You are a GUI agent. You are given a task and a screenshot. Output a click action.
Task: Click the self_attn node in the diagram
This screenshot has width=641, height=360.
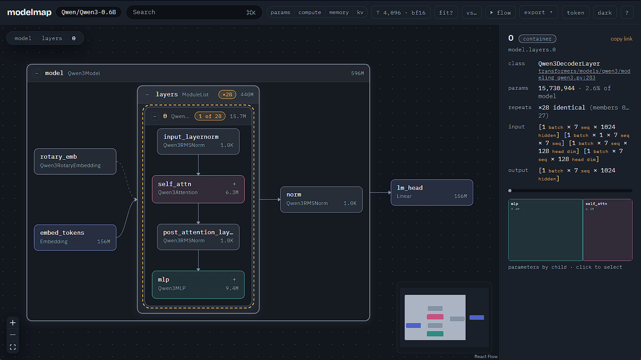(198, 189)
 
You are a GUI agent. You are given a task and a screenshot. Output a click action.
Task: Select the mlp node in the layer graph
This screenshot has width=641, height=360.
(198, 284)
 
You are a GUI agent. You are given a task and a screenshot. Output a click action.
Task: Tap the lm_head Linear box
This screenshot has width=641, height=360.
(432, 192)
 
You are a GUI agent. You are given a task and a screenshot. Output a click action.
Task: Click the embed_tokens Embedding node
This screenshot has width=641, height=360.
(75, 237)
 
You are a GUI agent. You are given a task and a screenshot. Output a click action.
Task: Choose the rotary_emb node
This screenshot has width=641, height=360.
(75, 161)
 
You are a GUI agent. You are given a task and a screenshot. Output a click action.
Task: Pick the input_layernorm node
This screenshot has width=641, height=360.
(198, 141)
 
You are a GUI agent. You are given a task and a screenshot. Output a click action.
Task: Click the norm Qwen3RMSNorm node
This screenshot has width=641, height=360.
(321, 199)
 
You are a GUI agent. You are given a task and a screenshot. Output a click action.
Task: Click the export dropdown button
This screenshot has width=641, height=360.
(538, 12)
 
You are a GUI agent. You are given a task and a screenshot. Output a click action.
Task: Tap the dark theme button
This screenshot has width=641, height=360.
(605, 12)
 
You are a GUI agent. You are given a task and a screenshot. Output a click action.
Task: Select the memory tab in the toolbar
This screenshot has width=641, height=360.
(338, 12)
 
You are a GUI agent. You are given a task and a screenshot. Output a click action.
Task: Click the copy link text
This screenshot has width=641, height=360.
(621, 39)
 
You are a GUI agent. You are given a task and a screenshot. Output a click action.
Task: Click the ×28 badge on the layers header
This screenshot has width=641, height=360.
(227, 94)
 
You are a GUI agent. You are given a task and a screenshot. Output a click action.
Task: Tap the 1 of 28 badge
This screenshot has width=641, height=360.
(210, 116)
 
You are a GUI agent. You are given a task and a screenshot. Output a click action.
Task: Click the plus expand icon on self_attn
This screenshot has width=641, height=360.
(234, 184)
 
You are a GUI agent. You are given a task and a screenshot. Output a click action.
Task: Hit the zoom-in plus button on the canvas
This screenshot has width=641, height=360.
(13, 323)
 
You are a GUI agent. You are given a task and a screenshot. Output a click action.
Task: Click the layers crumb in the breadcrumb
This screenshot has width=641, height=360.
(52, 38)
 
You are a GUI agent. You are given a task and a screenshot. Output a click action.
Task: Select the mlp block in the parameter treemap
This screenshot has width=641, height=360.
(545, 230)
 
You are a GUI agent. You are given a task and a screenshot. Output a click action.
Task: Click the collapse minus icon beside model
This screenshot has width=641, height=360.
(36, 73)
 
